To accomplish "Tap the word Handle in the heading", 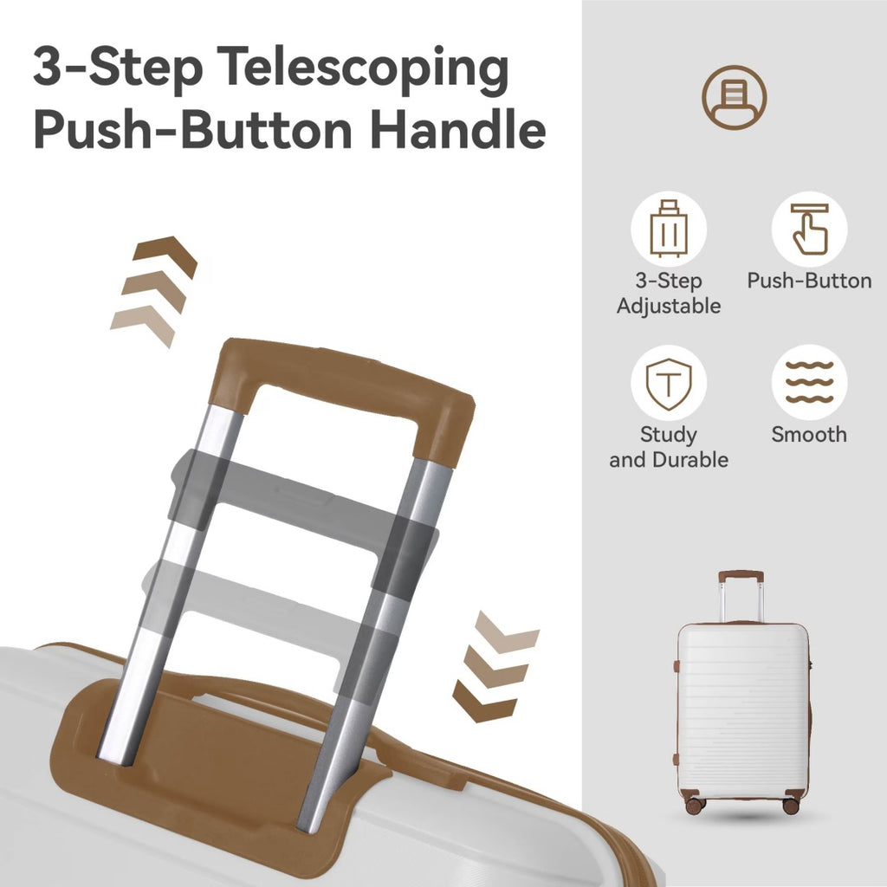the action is [457, 130].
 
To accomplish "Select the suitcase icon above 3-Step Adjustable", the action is [669, 229].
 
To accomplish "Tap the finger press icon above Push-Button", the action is [810, 229].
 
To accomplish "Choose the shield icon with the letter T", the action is [669, 384].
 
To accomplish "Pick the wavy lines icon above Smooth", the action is [810, 382].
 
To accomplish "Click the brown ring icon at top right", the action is [735, 97].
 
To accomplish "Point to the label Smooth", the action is [809, 434].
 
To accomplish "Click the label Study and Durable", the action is [669, 447].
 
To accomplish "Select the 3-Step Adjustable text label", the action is [669, 293].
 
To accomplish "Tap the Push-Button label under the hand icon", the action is [809, 281].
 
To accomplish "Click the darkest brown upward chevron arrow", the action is [165, 256].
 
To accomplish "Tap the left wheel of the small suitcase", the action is [694, 806].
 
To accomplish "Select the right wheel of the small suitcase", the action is [790, 806].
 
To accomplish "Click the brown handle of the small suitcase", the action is [741, 576].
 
